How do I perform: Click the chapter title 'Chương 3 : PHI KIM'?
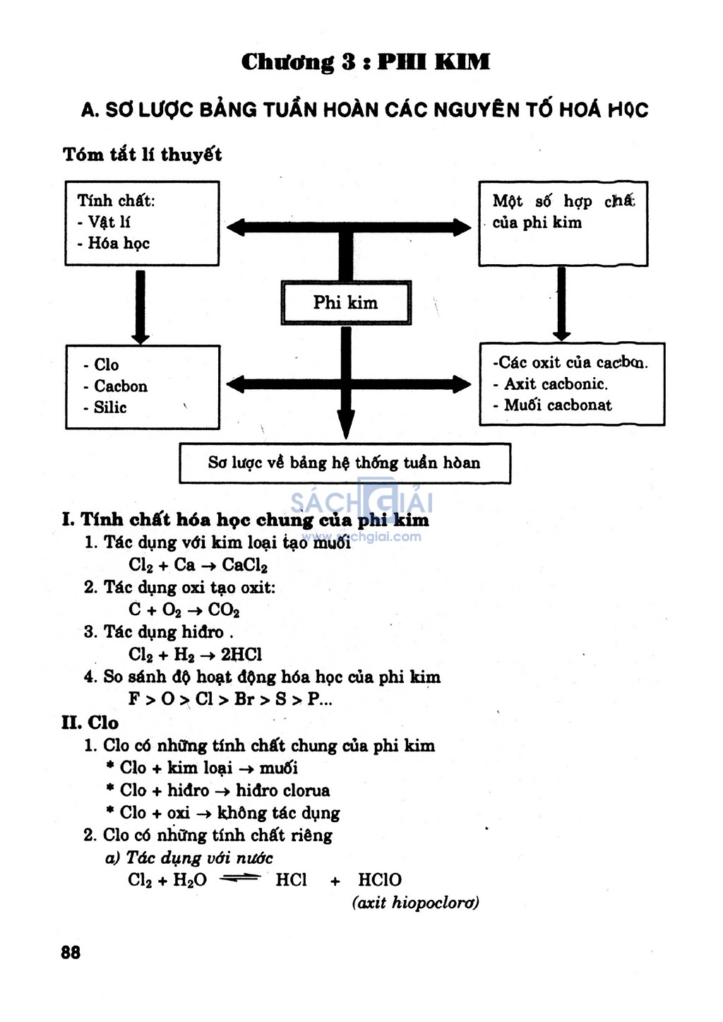[x=365, y=62]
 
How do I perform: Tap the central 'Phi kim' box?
[x=346, y=302]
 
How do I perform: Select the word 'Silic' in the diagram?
[x=110, y=407]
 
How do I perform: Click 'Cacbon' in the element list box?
[x=121, y=386]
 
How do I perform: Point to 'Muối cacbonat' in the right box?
[x=558, y=405]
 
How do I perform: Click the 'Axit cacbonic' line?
[x=556, y=384]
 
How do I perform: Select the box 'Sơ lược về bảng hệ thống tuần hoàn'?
[x=345, y=463]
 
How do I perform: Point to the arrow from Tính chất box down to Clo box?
[x=141, y=307]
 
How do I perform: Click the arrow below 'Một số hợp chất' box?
[x=561, y=304]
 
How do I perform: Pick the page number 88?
[x=70, y=952]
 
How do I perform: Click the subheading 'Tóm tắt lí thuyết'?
[x=143, y=155]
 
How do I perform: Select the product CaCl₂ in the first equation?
[x=244, y=565]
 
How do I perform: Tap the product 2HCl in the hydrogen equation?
[x=241, y=655]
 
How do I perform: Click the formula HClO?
[x=380, y=879]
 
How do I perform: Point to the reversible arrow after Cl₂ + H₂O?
[x=239, y=878]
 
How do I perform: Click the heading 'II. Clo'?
[x=90, y=723]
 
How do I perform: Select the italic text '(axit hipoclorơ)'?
[x=416, y=903]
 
